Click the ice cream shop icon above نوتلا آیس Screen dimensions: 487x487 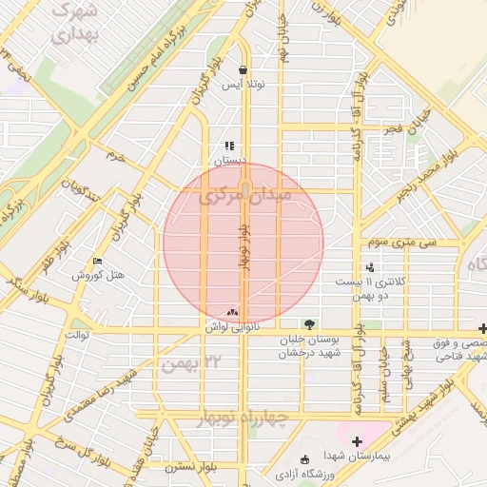coord(243,69)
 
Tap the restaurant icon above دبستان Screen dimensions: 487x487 coord(229,146)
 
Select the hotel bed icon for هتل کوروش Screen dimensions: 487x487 coord(98,262)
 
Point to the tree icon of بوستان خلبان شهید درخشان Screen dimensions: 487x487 coord(307,324)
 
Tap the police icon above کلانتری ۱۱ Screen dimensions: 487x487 coord(370,268)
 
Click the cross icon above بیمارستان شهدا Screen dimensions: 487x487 coord(357,441)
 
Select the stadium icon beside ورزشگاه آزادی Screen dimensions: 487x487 coord(304,459)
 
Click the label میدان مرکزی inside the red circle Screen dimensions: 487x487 coord(244,197)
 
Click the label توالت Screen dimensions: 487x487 coord(76,335)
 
